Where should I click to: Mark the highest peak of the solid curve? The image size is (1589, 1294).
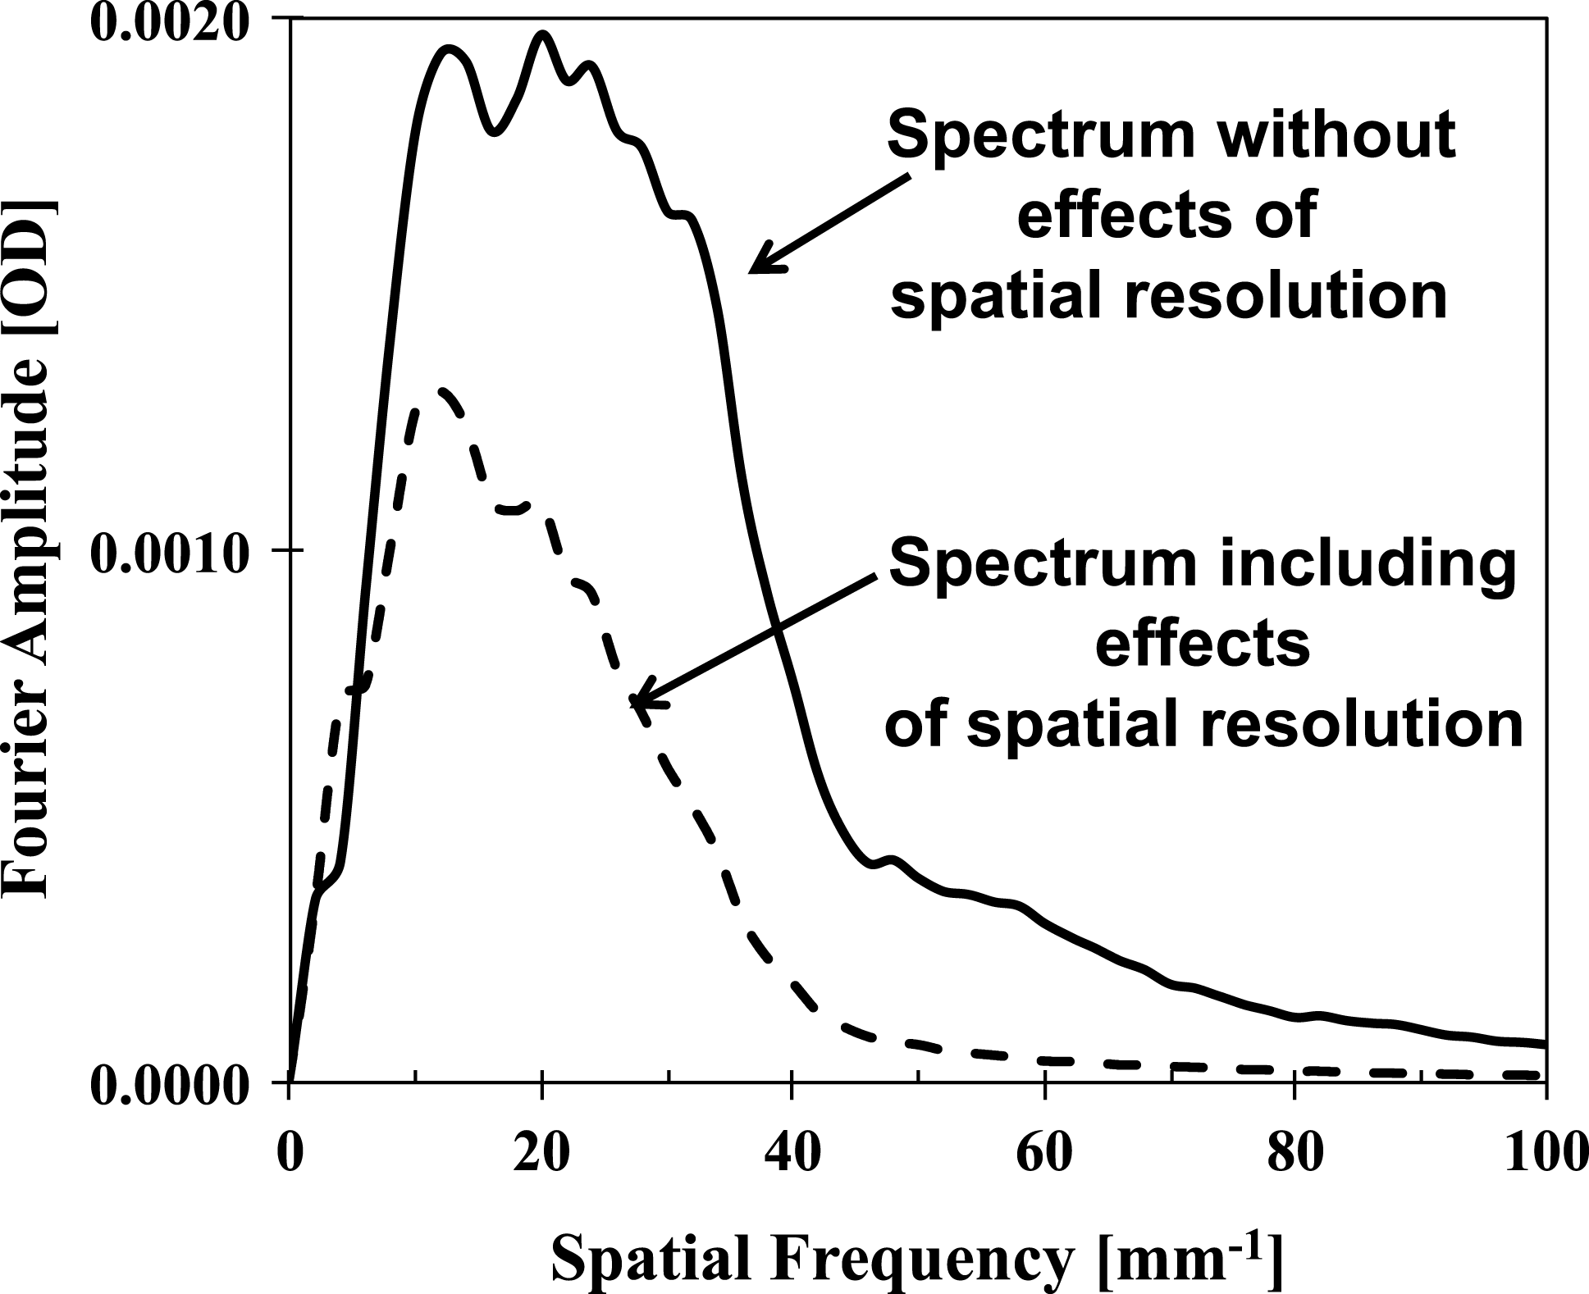542,34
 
